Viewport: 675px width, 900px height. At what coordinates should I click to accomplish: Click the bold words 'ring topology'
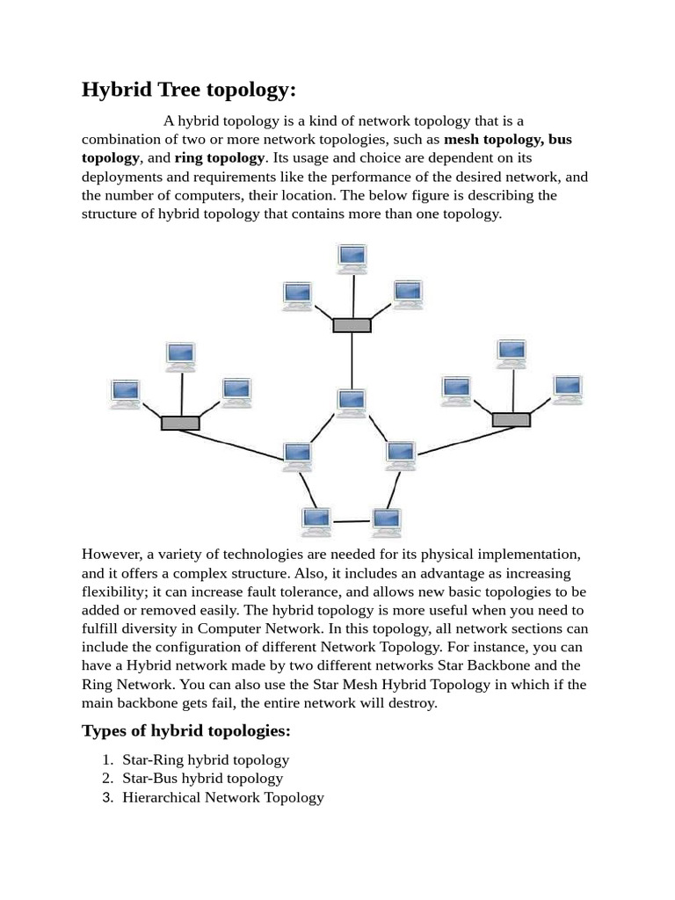tap(220, 158)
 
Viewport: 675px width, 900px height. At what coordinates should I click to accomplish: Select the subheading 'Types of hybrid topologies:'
tap(185, 731)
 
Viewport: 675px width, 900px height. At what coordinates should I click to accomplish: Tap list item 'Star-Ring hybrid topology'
tap(206, 759)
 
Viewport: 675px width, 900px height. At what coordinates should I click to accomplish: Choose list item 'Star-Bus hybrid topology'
tap(203, 779)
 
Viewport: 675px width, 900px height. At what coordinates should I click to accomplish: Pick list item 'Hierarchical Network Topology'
tap(223, 798)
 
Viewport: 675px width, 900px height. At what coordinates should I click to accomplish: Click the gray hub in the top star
tap(352, 325)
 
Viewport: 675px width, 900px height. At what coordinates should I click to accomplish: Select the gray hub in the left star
tap(180, 423)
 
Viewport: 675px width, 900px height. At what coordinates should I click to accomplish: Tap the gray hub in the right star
tap(511, 419)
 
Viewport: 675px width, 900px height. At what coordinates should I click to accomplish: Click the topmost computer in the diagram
tap(352, 256)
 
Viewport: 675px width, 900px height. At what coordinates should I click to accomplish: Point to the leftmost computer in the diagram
tap(126, 392)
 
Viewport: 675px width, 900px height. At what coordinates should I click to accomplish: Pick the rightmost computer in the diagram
tap(567, 388)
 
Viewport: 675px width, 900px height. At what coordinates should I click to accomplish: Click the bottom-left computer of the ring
tap(316, 519)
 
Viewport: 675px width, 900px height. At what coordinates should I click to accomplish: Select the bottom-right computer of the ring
tap(386, 519)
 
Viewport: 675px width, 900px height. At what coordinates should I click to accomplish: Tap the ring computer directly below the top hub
tap(352, 401)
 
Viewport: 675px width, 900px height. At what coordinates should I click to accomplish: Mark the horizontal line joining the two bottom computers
tap(352, 521)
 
